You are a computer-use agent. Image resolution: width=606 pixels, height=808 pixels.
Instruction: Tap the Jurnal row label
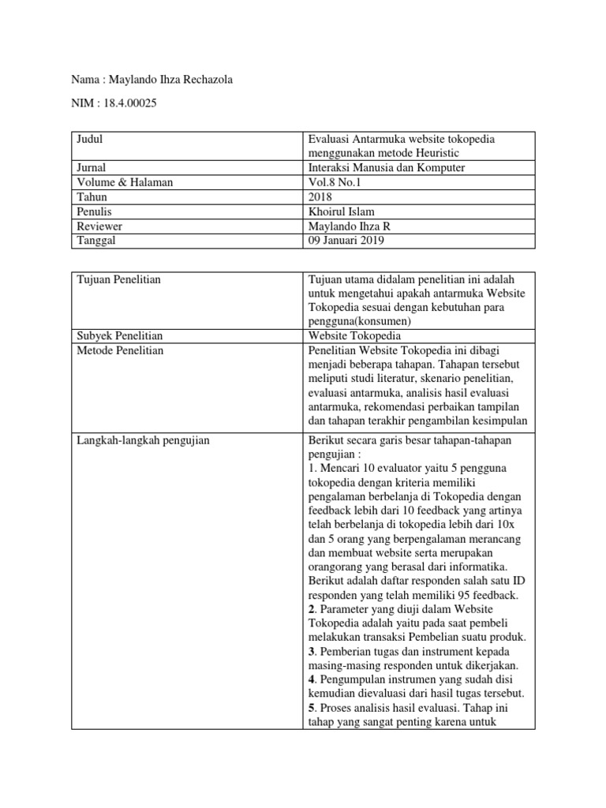[92, 168]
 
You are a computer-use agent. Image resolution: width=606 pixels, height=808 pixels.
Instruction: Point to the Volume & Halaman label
[124, 182]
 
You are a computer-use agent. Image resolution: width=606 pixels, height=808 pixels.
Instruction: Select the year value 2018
[320, 197]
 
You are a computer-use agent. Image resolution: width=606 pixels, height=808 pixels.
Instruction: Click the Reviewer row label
[99, 226]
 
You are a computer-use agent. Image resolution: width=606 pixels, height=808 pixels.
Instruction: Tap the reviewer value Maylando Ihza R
[348, 226]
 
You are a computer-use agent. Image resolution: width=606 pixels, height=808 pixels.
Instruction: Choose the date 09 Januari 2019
[346, 241]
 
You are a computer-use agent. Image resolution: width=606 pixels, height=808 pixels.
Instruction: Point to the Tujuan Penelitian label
[118, 279]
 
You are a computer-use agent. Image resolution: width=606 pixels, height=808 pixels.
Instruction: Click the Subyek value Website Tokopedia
[355, 336]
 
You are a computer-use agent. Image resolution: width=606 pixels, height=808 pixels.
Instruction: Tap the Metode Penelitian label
[119, 350]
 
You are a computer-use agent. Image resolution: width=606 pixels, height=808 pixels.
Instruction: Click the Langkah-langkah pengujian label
[143, 440]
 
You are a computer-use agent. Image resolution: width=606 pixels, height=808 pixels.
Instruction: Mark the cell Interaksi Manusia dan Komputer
[386, 168]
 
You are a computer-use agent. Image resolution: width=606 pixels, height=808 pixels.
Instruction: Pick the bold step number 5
[311, 708]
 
